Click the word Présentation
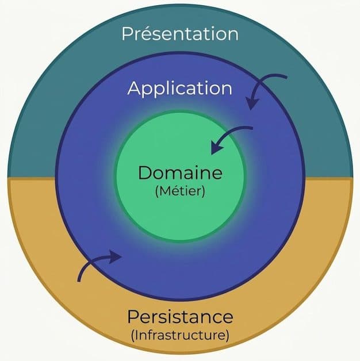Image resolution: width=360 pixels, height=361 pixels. pyautogui.click(x=180, y=33)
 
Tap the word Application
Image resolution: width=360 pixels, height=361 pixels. pyautogui.click(x=179, y=89)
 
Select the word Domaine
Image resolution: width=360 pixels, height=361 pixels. pyautogui.click(x=180, y=172)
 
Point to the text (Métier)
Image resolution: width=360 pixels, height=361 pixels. pyautogui.click(x=180, y=191)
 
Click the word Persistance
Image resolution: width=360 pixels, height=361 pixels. pyautogui.click(x=180, y=317)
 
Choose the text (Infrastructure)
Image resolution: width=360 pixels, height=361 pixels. pyautogui.click(x=180, y=336)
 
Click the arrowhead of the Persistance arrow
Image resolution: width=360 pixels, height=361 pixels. pyautogui.click(x=115, y=256)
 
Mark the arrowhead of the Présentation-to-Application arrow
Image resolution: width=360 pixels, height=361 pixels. pyautogui.click(x=252, y=103)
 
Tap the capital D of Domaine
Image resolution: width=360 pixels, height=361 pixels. pyautogui.click(x=145, y=172)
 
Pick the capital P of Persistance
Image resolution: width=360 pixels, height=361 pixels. pyautogui.click(x=133, y=317)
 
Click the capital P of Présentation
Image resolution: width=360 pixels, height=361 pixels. pyautogui.click(x=127, y=34)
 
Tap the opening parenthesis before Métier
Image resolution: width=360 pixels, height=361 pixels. pyautogui.click(x=157, y=191)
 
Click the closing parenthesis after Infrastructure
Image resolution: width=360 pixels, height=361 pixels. pyautogui.click(x=227, y=336)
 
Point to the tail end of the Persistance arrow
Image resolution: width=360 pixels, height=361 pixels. pyautogui.click(x=79, y=281)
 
